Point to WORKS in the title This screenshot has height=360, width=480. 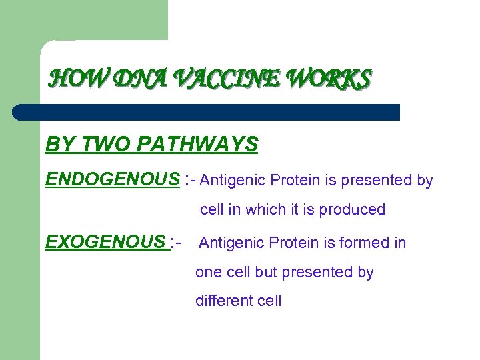327,80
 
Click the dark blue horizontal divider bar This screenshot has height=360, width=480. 207,112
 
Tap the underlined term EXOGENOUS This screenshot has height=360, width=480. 105,242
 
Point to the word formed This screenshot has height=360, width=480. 361,243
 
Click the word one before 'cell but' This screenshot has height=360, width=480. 207,273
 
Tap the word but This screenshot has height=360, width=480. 266,273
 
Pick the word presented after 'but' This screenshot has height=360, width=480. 316,273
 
